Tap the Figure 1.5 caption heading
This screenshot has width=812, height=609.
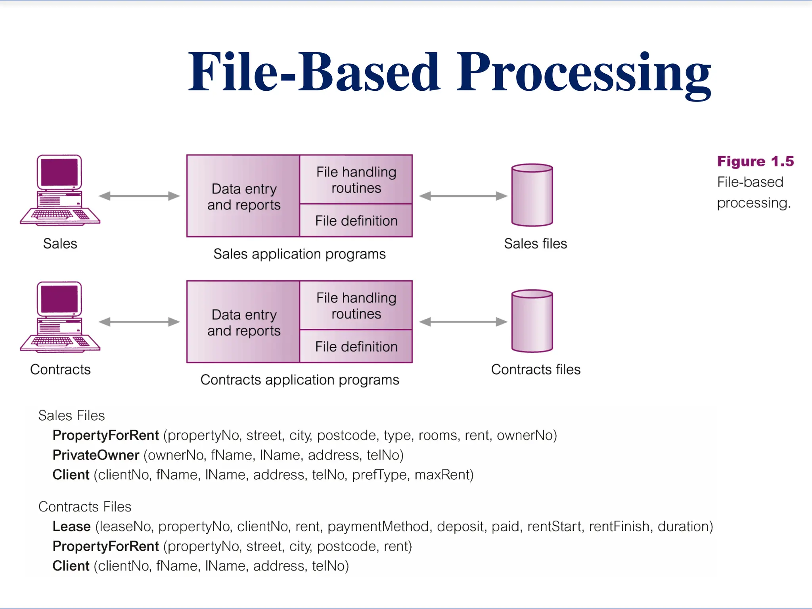click(x=755, y=161)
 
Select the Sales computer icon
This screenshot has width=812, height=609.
click(x=60, y=190)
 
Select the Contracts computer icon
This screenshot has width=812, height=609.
click(x=60, y=317)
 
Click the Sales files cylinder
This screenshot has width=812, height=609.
click(x=532, y=195)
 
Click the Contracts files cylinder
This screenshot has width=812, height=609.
click(x=532, y=321)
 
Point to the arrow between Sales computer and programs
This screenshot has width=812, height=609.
click(x=139, y=196)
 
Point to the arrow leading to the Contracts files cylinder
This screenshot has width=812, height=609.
click(x=463, y=322)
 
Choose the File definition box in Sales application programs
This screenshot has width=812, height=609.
click(x=356, y=221)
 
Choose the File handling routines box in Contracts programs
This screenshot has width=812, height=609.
click(x=356, y=305)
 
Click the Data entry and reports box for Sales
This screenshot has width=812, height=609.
click(x=243, y=196)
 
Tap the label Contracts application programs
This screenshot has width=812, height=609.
click(x=300, y=380)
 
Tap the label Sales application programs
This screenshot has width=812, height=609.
click(x=299, y=254)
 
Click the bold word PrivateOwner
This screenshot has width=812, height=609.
click(x=96, y=455)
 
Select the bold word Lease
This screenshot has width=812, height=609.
click(x=72, y=527)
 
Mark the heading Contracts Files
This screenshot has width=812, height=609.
click(x=85, y=507)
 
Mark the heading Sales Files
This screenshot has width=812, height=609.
click(x=72, y=416)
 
